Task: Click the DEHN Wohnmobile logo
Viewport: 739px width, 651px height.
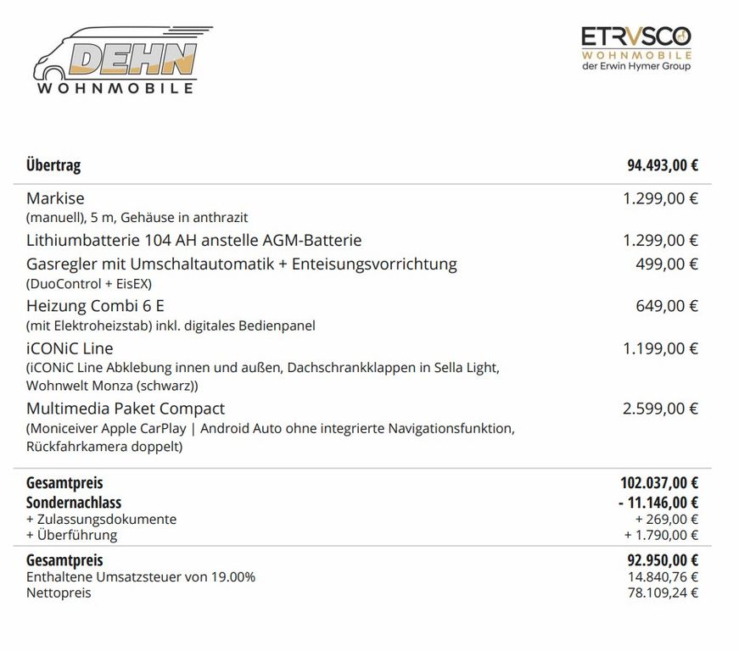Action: click(x=119, y=59)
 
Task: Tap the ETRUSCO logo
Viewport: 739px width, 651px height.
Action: click(x=635, y=47)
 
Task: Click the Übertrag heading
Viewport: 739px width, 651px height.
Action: click(x=53, y=164)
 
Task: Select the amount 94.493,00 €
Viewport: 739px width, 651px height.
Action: click(x=662, y=164)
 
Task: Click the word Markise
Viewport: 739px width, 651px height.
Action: click(x=55, y=198)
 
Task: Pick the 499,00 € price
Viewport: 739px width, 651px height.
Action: click(x=667, y=264)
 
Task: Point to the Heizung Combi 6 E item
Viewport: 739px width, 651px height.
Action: click(x=95, y=306)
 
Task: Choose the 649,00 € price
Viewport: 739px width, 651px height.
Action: click(x=667, y=306)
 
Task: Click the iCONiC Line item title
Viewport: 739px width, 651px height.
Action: click(x=70, y=348)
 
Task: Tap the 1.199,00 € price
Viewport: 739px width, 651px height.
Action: click(x=660, y=348)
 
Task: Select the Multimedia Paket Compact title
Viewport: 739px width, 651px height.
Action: click(x=126, y=409)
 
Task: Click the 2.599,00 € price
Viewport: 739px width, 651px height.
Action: click(x=660, y=409)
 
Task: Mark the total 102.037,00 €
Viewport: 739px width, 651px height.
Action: click(x=658, y=483)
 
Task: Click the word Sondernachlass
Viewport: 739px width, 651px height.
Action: click(x=74, y=503)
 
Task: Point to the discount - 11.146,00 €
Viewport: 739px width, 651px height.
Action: click(x=658, y=503)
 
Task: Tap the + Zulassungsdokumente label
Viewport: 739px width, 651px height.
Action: click(x=101, y=519)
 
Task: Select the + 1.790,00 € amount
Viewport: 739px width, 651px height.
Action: click(x=661, y=535)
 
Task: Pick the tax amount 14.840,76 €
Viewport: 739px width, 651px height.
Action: click(x=665, y=577)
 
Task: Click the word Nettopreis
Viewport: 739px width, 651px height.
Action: click(x=59, y=593)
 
